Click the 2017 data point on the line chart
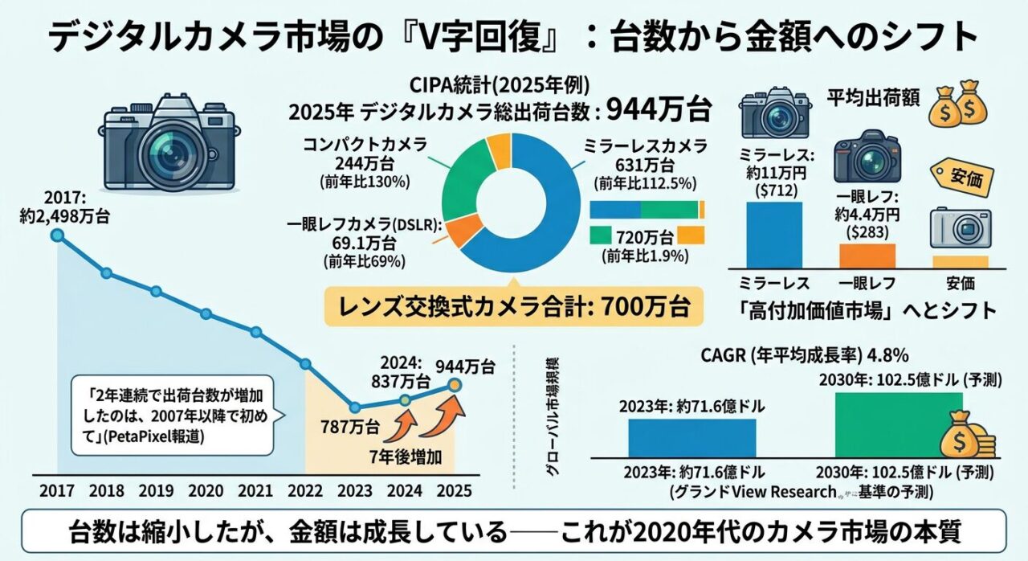[x=57, y=235]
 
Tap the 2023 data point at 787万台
[x=355, y=407]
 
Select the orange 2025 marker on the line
[x=455, y=386]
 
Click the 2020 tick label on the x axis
[x=206, y=489]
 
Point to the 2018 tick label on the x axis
[x=107, y=489]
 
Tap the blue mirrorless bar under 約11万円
[x=774, y=235]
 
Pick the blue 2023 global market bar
[x=691, y=437]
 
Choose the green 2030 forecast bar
[x=898, y=424]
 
